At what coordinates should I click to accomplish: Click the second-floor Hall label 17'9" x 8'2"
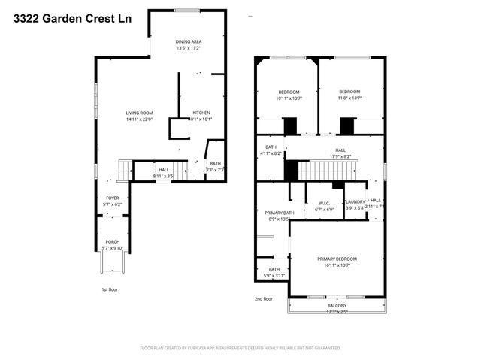[340, 153]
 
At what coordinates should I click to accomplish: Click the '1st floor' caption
[110, 289]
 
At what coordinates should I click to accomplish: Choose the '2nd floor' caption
[263, 298]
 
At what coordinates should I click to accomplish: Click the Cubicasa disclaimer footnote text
[240, 348]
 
